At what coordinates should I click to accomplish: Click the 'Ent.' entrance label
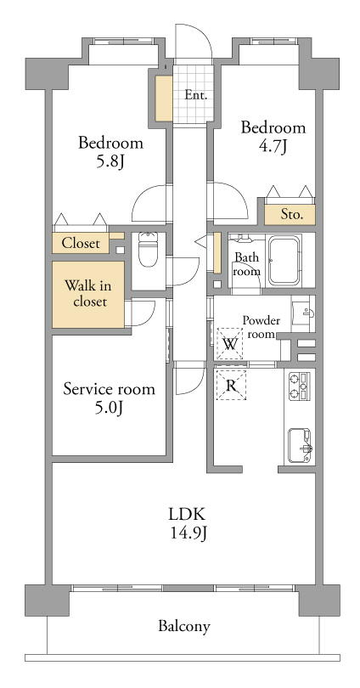click(195, 95)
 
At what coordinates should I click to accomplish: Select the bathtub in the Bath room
click(285, 260)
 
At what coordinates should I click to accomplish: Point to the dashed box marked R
click(231, 386)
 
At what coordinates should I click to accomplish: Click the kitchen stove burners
click(300, 386)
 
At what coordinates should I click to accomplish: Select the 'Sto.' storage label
click(291, 215)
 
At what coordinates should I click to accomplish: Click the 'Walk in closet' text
click(88, 294)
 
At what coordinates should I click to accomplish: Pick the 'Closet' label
click(81, 243)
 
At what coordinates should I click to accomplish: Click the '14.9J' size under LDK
click(188, 533)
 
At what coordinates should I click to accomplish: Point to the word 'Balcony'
click(184, 626)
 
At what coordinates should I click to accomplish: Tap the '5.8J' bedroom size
click(110, 162)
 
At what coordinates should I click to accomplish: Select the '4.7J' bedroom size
click(273, 147)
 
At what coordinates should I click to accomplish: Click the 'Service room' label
click(110, 389)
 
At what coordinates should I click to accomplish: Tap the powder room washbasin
click(303, 313)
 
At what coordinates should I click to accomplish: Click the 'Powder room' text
click(262, 327)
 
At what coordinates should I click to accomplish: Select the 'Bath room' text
click(247, 264)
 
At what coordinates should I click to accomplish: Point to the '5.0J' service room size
click(110, 409)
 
